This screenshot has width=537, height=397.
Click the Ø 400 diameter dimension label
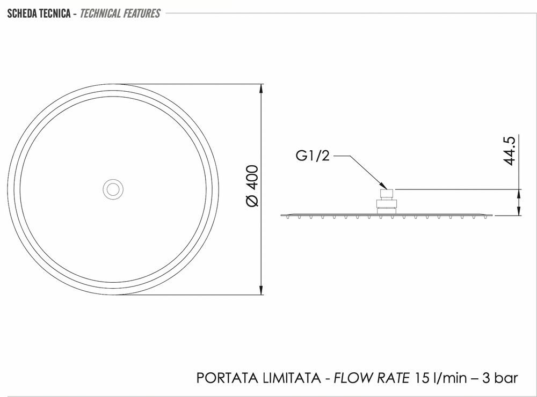[x=252, y=186]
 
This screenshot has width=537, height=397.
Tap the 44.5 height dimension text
[x=510, y=151]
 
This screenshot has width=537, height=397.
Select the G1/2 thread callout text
[x=313, y=156]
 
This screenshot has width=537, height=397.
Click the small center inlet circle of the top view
[x=113, y=189]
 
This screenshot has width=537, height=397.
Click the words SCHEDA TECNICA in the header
[x=39, y=14]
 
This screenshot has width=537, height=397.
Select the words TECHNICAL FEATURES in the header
[x=120, y=14]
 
